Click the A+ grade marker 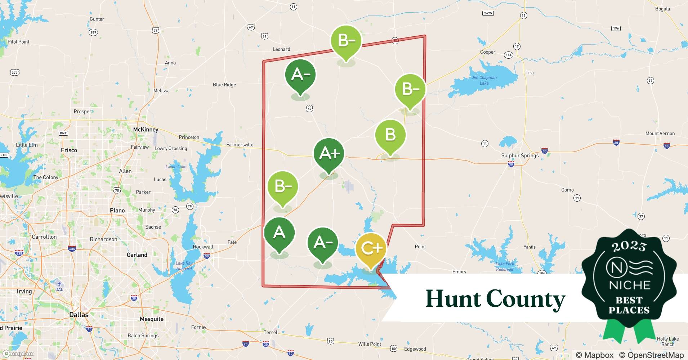(x=329, y=154)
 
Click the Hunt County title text (x=495, y=299)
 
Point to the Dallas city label (x=79, y=315)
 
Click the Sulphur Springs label (x=520, y=156)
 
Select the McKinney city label (x=146, y=130)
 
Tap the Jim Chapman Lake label (x=484, y=80)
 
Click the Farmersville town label (x=240, y=145)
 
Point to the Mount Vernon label (x=660, y=134)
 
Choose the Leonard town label (x=281, y=49)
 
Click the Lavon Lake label (x=176, y=167)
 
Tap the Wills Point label (x=370, y=344)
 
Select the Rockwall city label (x=203, y=247)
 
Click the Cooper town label (x=488, y=52)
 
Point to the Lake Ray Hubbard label (x=184, y=266)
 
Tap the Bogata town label (x=662, y=9)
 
